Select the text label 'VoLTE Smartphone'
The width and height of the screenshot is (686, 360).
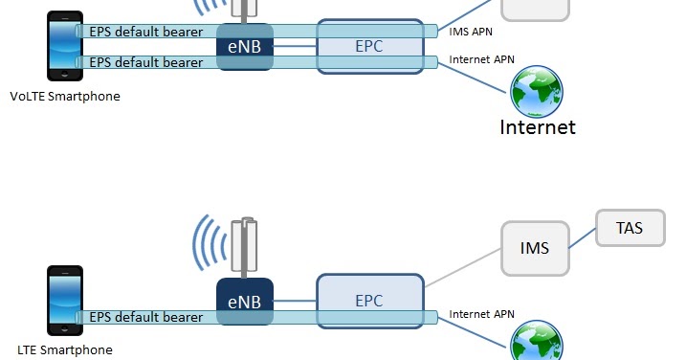pos(65,96)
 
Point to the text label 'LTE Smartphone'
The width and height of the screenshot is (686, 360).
pos(65,349)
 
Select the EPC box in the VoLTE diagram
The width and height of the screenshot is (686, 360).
pos(369,44)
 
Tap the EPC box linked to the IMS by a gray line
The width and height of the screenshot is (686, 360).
pos(369,300)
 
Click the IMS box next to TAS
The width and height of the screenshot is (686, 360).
pos(535,249)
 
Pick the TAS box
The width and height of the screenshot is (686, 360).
pos(631,229)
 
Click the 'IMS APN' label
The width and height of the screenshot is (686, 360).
pos(472,32)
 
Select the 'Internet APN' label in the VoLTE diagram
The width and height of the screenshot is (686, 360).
pos(482,59)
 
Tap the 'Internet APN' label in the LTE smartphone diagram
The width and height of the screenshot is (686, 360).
pos(482,313)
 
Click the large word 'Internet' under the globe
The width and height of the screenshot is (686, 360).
pos(538,126)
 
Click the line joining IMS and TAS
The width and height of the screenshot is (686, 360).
pos(583,239)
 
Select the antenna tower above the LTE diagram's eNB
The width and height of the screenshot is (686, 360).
pos(247,247)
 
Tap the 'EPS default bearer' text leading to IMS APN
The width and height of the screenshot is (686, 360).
pos(145,32)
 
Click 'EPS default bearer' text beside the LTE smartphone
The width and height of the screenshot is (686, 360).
pos(145,317)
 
